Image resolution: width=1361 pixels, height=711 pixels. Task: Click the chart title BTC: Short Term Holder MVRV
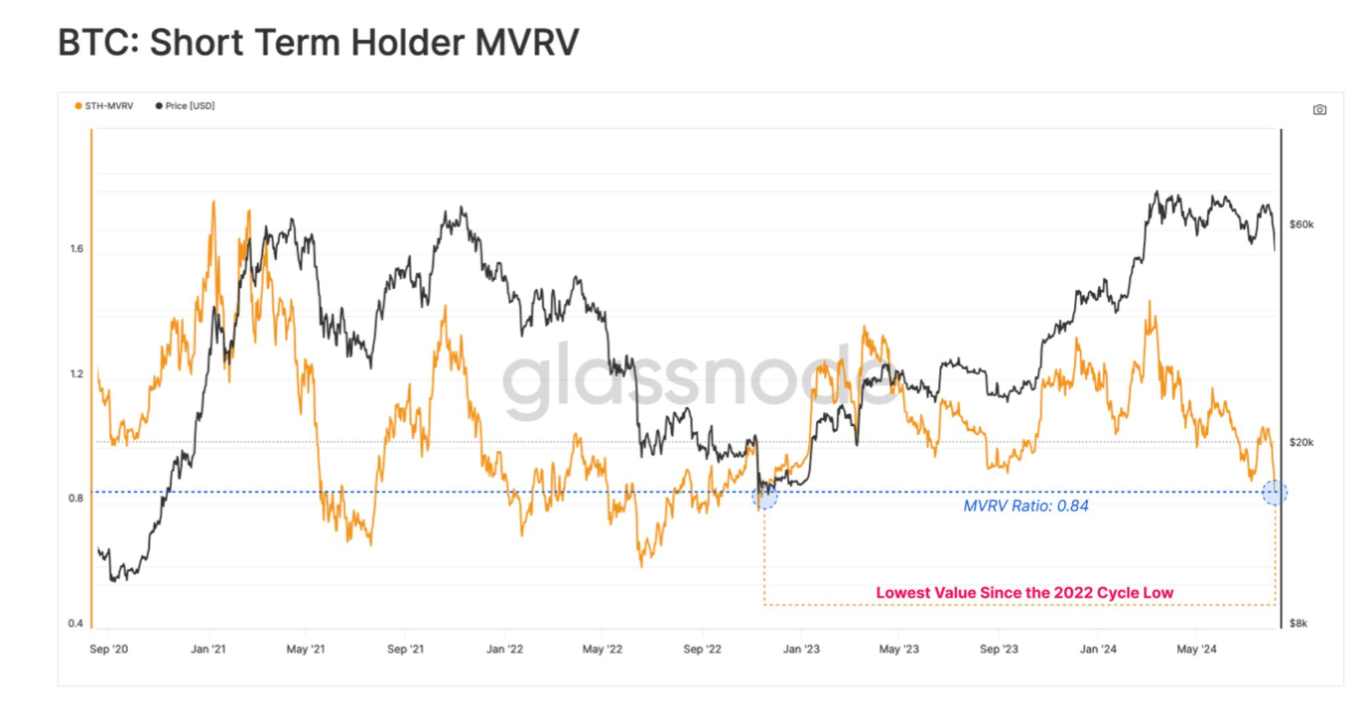[x=318, y=43]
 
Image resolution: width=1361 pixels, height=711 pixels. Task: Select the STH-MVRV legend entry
[x=108, y=105]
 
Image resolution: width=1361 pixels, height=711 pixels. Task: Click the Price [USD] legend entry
[x=189, y=105]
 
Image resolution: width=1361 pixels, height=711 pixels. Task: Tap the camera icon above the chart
[x=1319, y=109]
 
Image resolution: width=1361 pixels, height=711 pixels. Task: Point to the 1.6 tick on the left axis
[x=75, y=249]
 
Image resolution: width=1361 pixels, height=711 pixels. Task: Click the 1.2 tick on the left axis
[x=75, y=374]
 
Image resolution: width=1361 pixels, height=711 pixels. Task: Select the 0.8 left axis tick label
[x=75, y=498]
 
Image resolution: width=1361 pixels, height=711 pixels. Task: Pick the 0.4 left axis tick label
[x=75, y=624]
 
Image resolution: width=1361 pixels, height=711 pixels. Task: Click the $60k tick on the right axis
[x=1301, y=224]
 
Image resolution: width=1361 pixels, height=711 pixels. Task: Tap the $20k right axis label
[x=1301, y=442]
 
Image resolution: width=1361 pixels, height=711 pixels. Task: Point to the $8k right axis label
[x=1299, y=624]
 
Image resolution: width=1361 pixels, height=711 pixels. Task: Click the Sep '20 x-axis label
[x=108, y=649]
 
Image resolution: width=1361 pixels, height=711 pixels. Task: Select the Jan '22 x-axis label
[x=504, y=649]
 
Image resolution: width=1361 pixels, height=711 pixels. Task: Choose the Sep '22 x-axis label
[x=702, y=649]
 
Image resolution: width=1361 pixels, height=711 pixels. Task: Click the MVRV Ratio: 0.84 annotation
[x=1025, y=506]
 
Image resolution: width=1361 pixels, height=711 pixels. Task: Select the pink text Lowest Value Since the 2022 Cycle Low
[x=1024, y=593]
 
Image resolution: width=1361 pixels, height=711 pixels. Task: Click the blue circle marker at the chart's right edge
[x=1275, y=492]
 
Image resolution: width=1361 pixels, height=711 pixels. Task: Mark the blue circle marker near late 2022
[x=764, y=497]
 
